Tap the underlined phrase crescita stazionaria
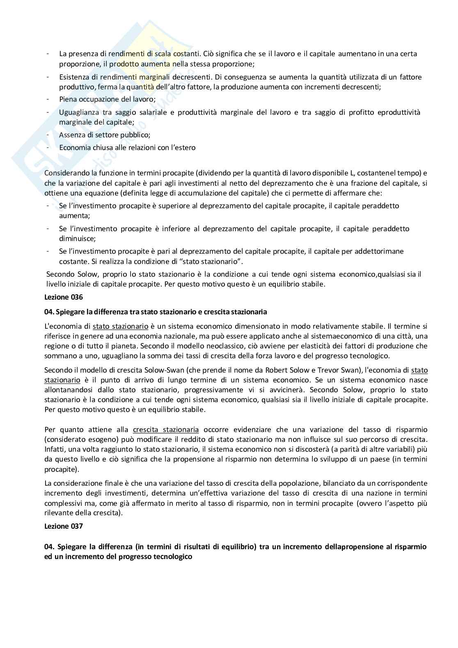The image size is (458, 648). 166,430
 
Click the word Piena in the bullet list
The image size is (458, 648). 69,99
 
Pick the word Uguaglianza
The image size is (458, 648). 78,112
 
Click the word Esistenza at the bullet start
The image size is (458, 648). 74,77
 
